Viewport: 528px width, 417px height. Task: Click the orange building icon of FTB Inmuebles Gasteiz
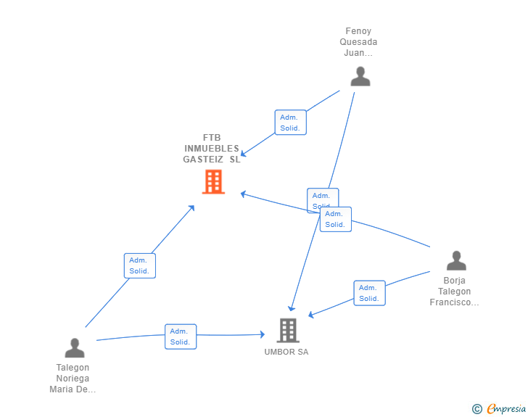(x=213, y=182)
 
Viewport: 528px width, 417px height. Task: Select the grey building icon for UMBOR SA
(x=288, y=331)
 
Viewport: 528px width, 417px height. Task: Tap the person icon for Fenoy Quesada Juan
(x=360, y=76)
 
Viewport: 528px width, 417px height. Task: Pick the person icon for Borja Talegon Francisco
(x=456, y=260)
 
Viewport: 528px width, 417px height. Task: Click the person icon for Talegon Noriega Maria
(x=75, y=348)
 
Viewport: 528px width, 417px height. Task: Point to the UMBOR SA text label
(x=286, y=352)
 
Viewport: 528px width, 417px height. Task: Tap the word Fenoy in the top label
(x=358, y=31)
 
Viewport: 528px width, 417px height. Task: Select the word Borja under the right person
(x=455, y=281)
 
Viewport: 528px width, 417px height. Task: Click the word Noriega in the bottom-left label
(x=73, y=379)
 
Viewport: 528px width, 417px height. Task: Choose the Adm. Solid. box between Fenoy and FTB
(x=291, y=123)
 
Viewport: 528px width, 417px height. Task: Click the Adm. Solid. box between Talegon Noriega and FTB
(x=140, y=265)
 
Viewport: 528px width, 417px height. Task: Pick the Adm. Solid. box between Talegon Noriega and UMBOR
(x=181, y=337)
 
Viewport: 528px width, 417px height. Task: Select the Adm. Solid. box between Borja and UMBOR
(x=369, y=293)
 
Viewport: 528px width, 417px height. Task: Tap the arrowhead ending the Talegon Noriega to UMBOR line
(x=263, y=334)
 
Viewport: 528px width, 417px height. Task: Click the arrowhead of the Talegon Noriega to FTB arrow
(x=192, y=207)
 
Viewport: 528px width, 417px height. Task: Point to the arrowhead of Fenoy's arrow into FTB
(x=243, y=153)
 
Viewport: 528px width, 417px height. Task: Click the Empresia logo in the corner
(x=506, y=409)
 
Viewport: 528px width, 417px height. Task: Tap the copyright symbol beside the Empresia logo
(x=477, y=409)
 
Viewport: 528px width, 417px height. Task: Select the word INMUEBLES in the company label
(x=212, y=149)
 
